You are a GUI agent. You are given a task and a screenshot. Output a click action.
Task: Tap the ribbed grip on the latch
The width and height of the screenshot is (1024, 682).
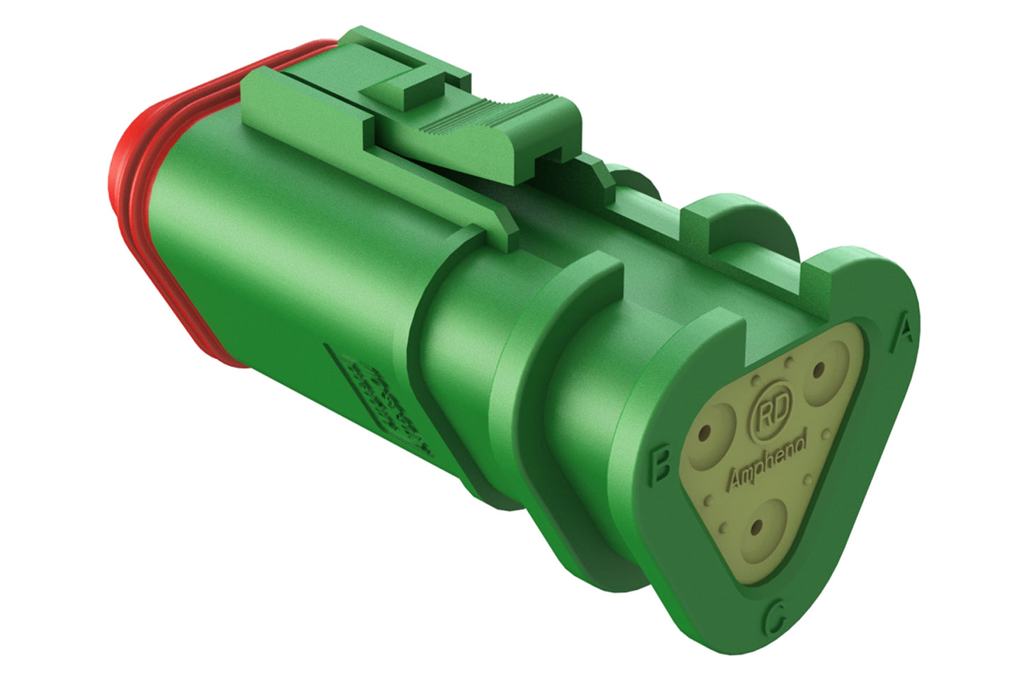pyautogui.click(x=489, y=113)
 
